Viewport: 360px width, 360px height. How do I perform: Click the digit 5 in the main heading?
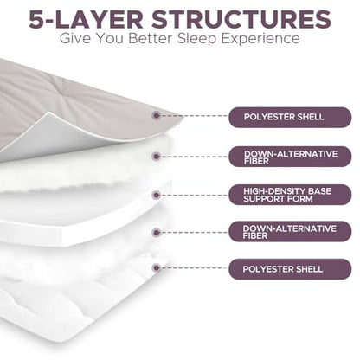pyautogui.click(x=39, y=19)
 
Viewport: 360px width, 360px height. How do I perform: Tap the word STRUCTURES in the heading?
pyautogui.click(x=241, y=19)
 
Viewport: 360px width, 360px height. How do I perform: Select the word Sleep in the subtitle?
pyautogui.click(x=196, y=39)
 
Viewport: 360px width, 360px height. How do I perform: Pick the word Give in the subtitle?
pyautogui.click(x=75, y=38)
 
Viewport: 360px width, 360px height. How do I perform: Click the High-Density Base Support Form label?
pyautogui.click(x=290, y=195)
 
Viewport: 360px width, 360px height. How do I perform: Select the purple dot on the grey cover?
pyautogui.click(x=156, y=115)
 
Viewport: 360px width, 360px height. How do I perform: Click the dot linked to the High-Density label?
pyautogui.click(x=156, y=196)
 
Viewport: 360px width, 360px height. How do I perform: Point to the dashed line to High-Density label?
pyautogui.click(x=195, y=196)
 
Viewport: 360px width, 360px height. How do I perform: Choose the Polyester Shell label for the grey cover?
pyautogui.click(x=290, y=117)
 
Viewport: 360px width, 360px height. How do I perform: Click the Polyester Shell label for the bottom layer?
pyautogui.click(x=290, y=269)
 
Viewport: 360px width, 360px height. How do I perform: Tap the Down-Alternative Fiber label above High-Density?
pyautogui.click(x=290, y=157)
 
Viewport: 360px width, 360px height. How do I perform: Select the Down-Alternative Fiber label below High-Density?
pyautogui.click(x=290, y=232)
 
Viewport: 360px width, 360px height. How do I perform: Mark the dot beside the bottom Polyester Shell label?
pyautogui.click(x=156, y=268)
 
